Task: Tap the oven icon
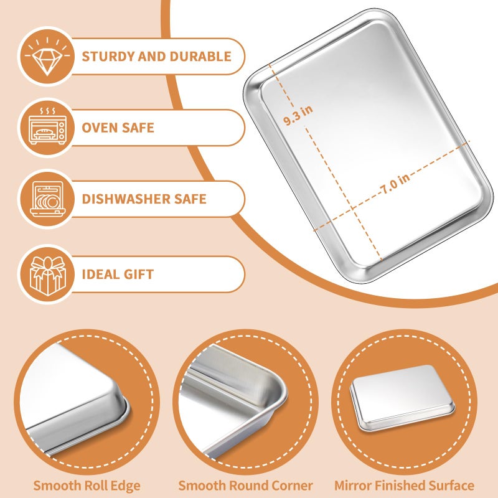point(47,128)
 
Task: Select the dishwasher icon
point(47,199)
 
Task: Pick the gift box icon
point(47,274)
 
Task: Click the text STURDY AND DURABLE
point(156,57)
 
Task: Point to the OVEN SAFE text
point(118,128)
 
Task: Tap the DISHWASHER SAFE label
point(144,200)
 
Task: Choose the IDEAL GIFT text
point(118,275)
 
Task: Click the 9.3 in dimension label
point(298,116)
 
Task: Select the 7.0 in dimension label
point(394,181)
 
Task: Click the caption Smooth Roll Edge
point(87,486)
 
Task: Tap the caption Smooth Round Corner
point(245,486)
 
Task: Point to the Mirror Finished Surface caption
point(404,486)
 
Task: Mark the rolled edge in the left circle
point(121,405)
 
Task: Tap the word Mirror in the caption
point(352,486)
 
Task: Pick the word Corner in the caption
point(293,486)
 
